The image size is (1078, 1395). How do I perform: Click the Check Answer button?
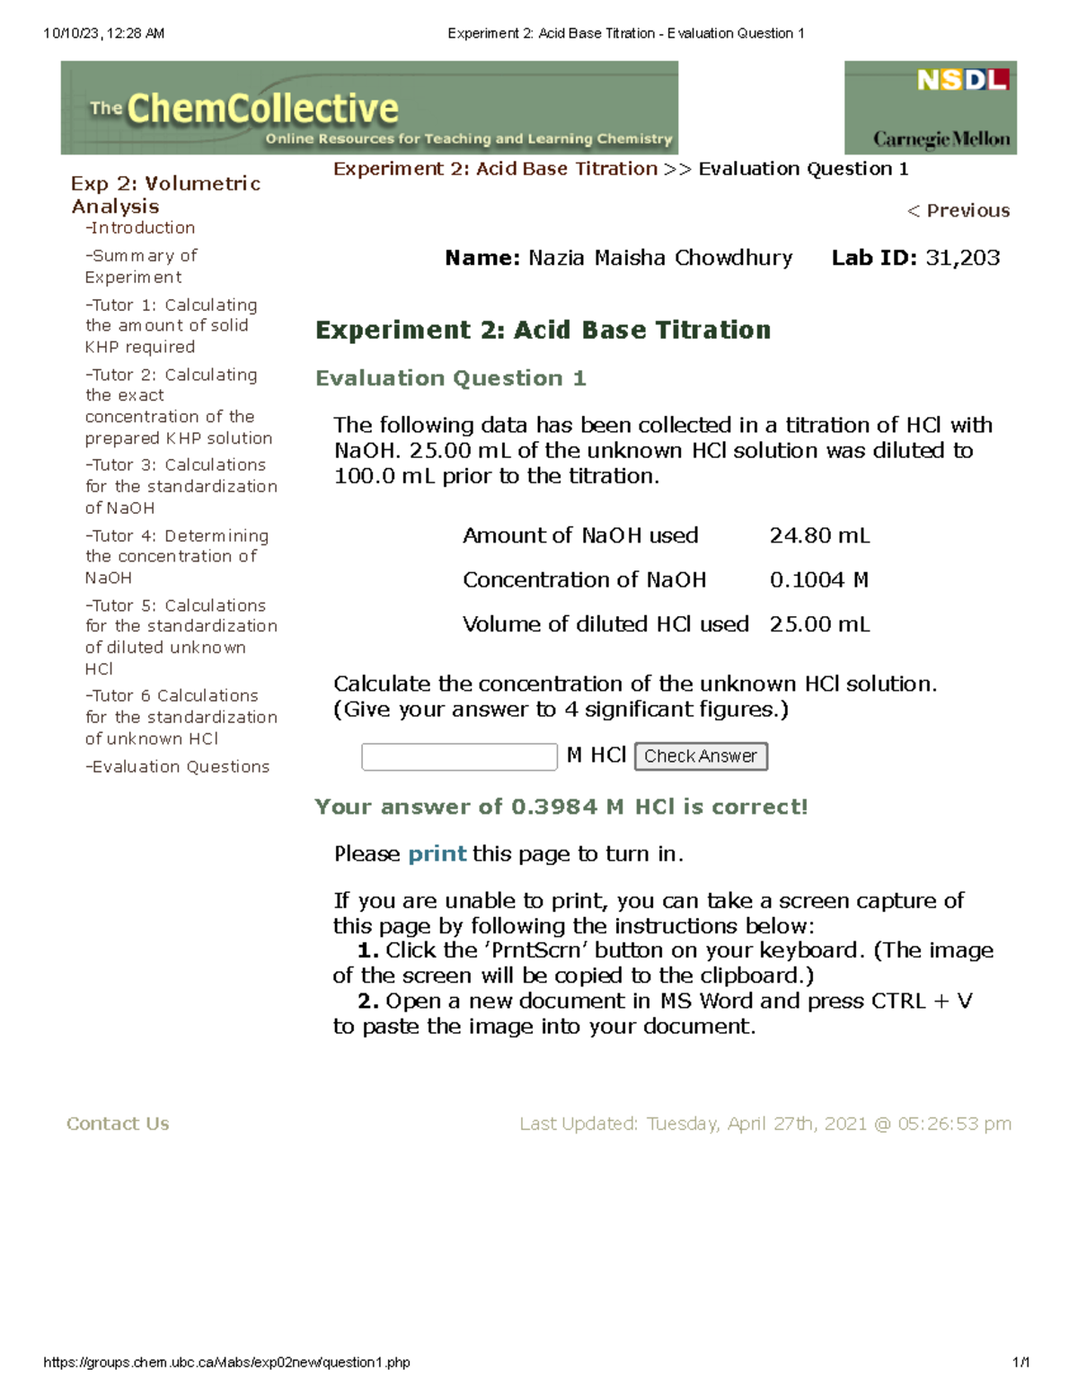pos(701,756)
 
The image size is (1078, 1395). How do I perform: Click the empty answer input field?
pos(459,756)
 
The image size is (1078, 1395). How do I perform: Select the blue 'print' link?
pos(437,853)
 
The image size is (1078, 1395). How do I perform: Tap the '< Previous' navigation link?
pos(958,210)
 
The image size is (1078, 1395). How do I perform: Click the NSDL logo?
pos(962,81)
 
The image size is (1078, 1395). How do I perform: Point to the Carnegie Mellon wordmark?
pos(941,139)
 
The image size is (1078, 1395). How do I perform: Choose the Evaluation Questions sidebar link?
pos(178,766)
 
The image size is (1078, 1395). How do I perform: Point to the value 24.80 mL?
pos(819,535)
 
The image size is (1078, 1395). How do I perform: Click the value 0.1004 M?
pos(818,579)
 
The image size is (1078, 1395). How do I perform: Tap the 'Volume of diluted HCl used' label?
pos(605,624)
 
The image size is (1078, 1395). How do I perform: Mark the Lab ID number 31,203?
pos(962,258)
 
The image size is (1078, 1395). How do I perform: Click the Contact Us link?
pos(118,1124)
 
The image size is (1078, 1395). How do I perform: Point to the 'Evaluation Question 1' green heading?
pos(450,378)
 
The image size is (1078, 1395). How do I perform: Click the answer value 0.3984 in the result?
pos(553,807)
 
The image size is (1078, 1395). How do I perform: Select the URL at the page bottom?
pos(226,1362)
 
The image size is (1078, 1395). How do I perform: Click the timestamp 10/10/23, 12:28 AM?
pos(104,33)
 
